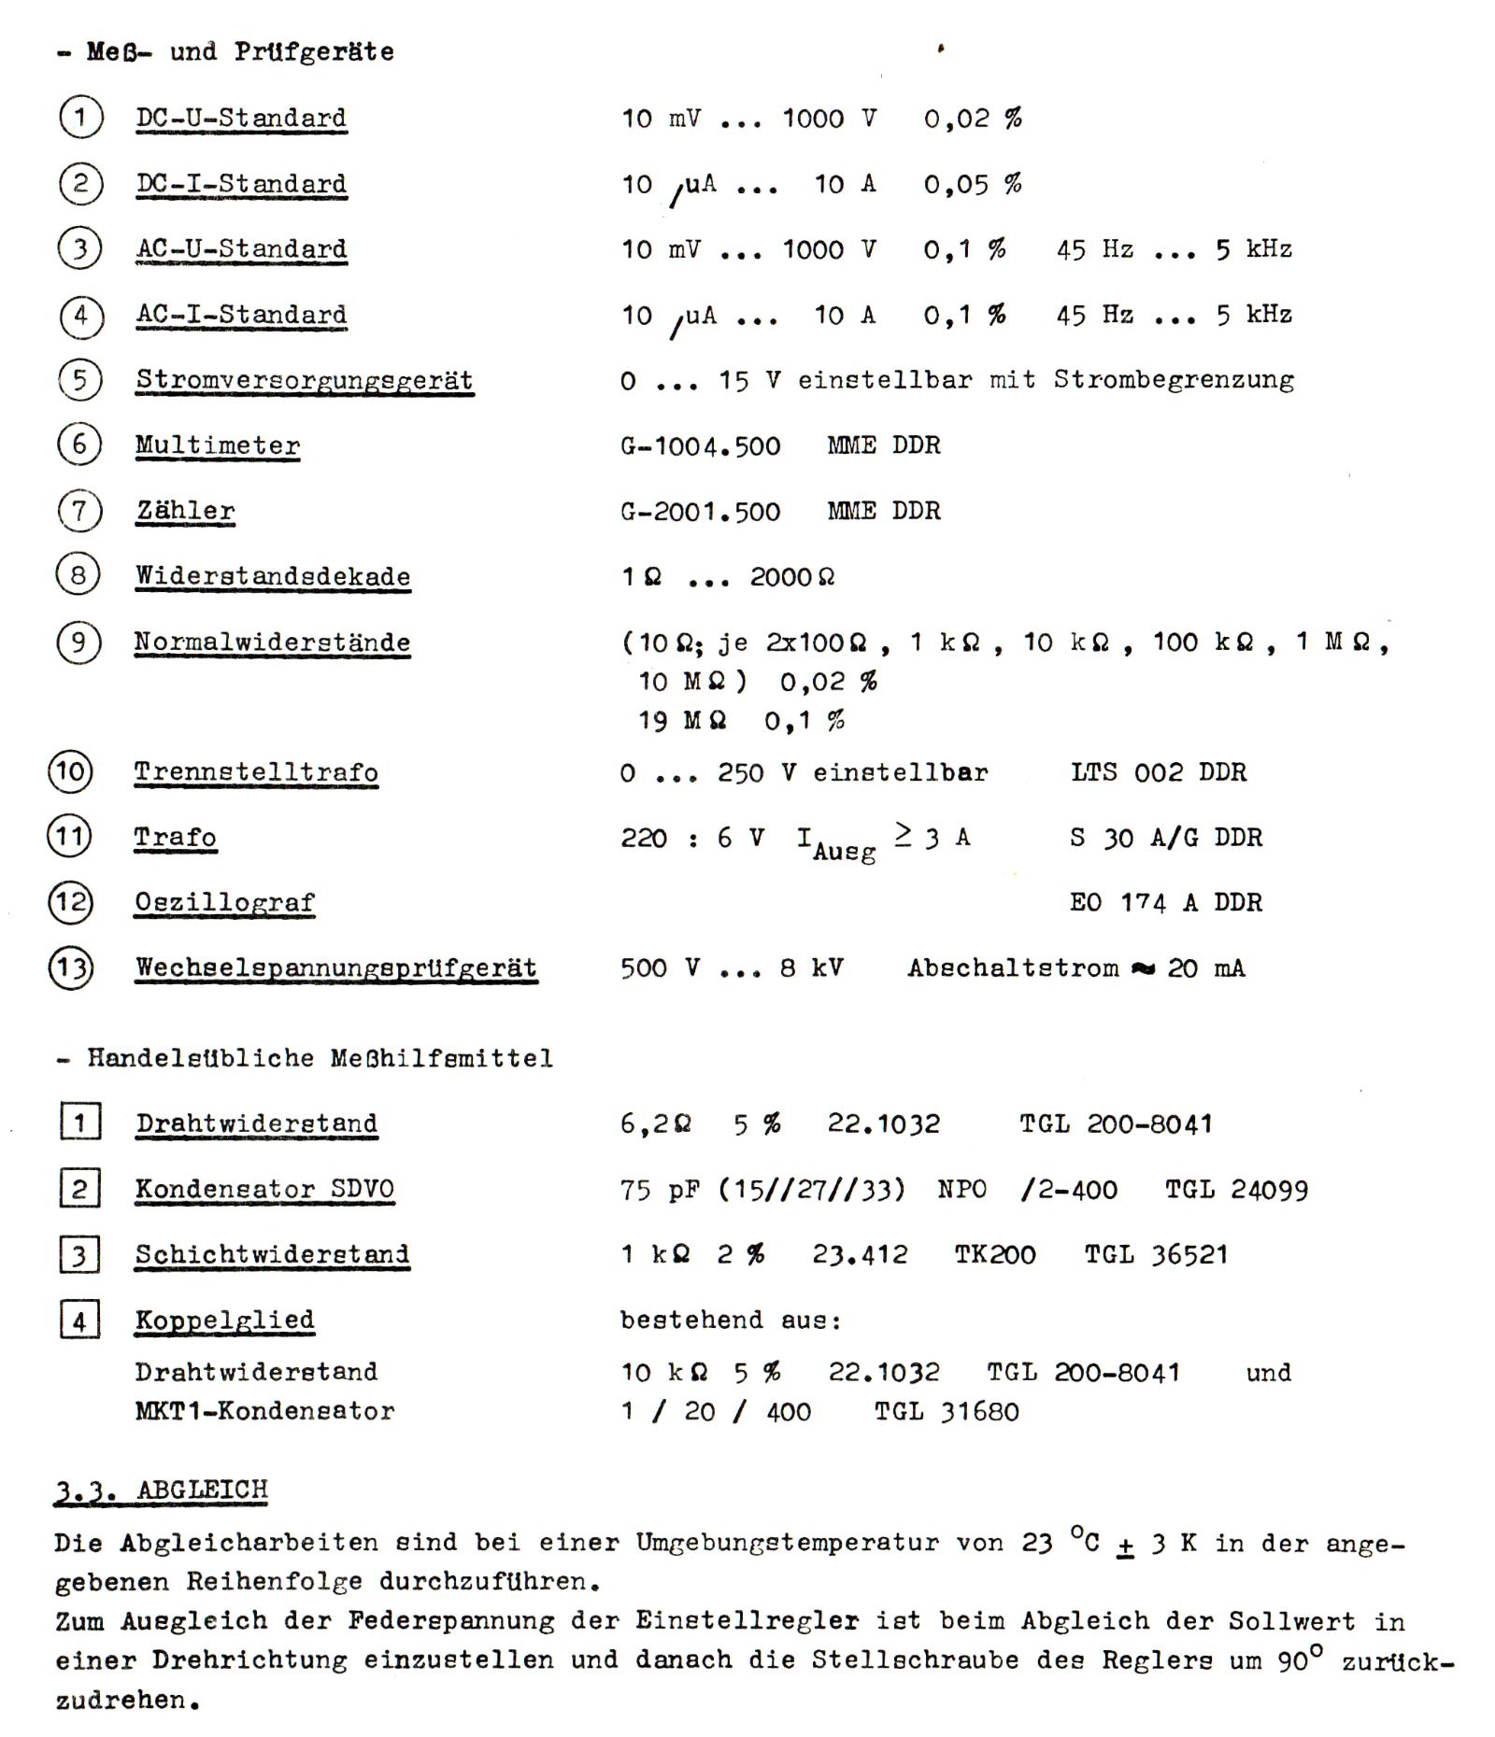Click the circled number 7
(x=79, y=511)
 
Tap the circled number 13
(x=70, y=967)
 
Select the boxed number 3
(x=79, y=1254)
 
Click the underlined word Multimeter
(x=218, y=445)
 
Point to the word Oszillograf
(x=224, y=902)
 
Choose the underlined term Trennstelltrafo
(x=256, y=772)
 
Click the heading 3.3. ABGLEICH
(x=162, y=1490)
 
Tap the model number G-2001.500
(x=700, y=511)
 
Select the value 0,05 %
(x=972, y=184)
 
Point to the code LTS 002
(x=1127, y=772)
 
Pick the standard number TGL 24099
(x=1236, y=1189)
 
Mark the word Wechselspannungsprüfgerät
(x=336, y=967)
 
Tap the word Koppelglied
(x=224, y=1320)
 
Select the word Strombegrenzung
(x=1174, y=380)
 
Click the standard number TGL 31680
(x=947, y=1411)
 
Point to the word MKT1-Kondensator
(x=264, y=1411)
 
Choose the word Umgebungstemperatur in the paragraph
(x=788, y=1543)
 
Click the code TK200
(x=994, y=1254)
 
